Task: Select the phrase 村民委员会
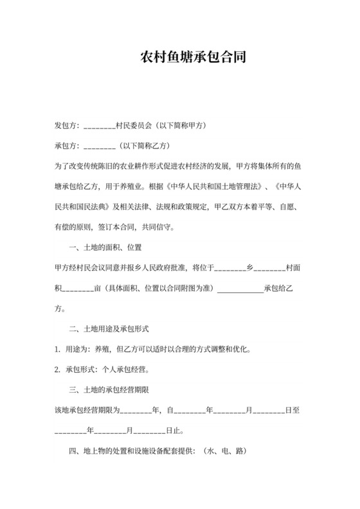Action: point(133,125)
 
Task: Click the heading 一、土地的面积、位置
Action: point(105,247)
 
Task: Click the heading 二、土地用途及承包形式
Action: point(109,329)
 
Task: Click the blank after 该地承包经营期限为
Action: point(135,411)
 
